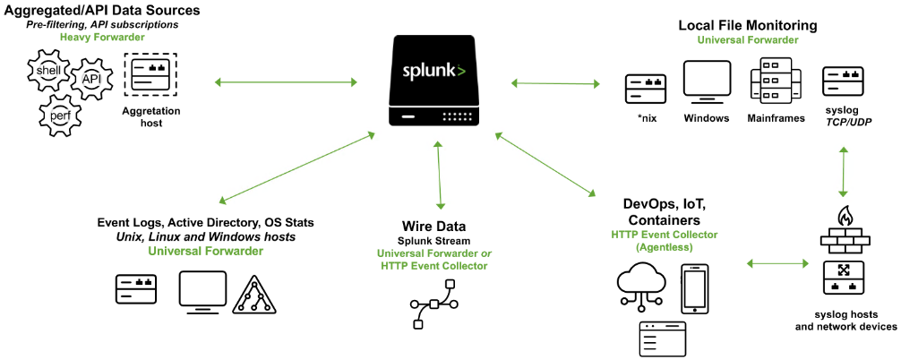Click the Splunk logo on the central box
click(x=434, y=71)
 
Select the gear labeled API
click(x=90, y=81)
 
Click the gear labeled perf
click(x=59, y=114)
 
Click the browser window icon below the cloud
click(x=661, y=339)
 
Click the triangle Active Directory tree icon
click(x=254, y=294)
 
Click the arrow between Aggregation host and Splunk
click(x=287, y=82)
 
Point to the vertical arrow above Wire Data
click(x=439, y=175)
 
